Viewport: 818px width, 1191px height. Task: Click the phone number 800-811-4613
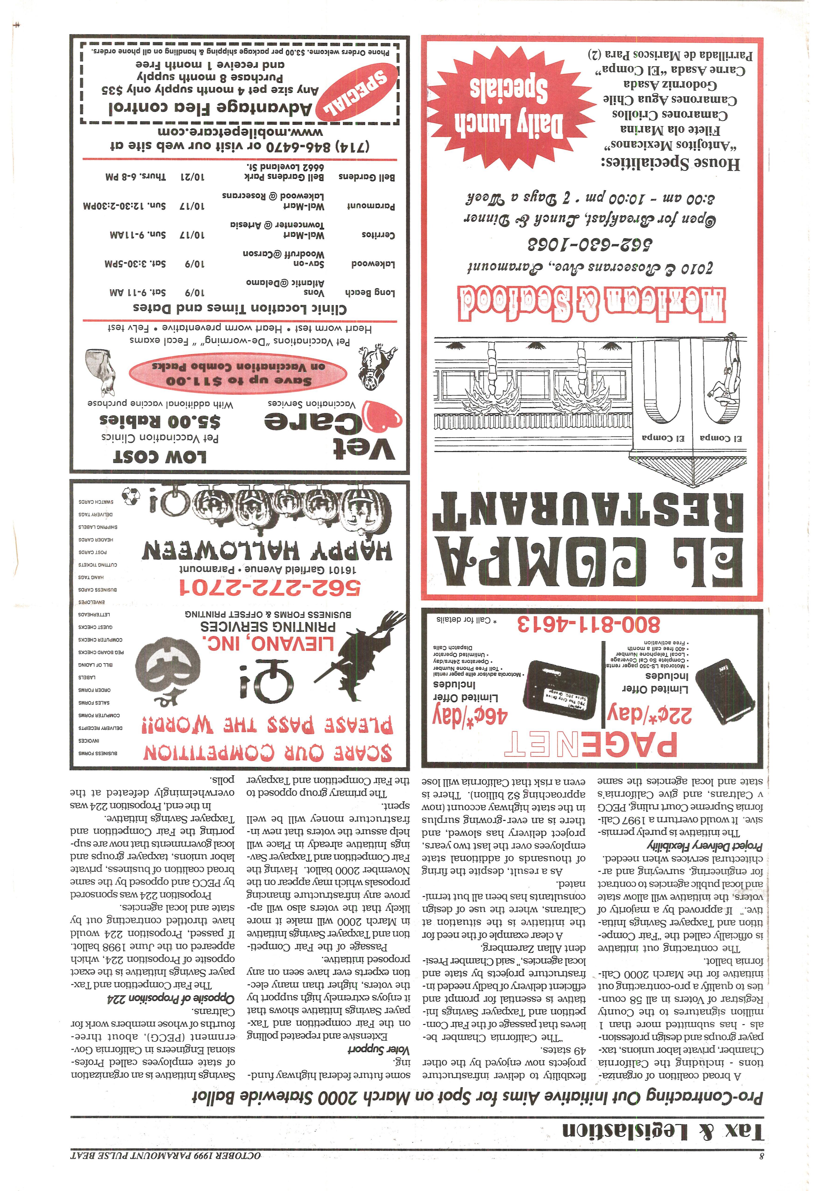pos(588,624)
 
